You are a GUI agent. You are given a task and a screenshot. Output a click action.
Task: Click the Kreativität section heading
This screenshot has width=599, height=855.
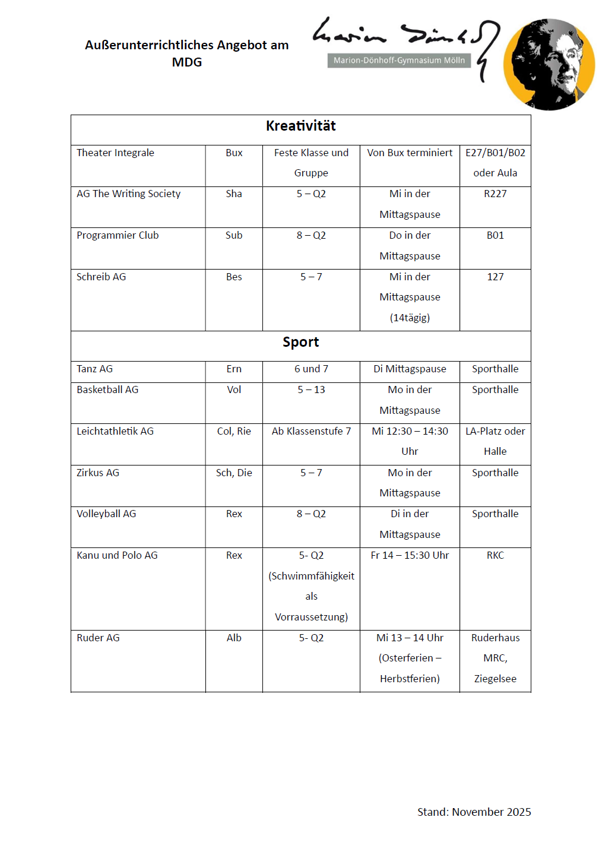coord(300,126)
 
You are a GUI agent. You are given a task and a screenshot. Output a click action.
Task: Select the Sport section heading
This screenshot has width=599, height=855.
coord(300,342)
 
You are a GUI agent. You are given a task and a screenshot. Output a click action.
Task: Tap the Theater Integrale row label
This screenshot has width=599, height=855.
coord(115,153)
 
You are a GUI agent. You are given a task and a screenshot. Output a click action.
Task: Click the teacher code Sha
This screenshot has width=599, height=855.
coord(234,194)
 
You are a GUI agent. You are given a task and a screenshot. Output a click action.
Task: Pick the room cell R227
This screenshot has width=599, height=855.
coord(495,194)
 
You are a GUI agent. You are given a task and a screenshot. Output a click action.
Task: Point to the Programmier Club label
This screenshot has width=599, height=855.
coord(118,235)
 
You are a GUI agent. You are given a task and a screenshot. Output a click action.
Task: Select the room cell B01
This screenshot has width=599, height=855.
coord(495,235)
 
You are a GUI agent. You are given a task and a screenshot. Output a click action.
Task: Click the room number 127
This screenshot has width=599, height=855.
coord(495,277)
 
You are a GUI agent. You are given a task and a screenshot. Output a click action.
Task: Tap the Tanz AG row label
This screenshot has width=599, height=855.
coord(94,369)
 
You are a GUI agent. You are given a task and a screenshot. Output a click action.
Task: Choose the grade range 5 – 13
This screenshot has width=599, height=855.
coord(311,389)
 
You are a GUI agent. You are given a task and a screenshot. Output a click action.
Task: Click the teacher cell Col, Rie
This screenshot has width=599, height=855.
coord(234,431)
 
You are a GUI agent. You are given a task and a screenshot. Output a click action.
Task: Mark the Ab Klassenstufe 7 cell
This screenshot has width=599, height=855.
coord(311,431)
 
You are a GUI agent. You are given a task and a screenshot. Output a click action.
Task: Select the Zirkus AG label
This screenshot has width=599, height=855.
coord(98,473)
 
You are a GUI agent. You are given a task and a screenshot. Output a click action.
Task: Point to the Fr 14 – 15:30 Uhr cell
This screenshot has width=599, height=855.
coord(410,555)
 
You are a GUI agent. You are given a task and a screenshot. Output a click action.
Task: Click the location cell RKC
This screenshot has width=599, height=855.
coord(495,555)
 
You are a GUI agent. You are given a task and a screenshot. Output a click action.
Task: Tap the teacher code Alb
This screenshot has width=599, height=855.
coord(234,638)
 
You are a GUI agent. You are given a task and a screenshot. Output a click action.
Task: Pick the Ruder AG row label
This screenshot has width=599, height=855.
coord(98,638)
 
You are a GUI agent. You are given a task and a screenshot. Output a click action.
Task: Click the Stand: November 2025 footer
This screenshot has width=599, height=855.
coord(474,812)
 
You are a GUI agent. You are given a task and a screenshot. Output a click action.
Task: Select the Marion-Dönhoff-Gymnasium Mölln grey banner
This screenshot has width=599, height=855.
coord(399,60)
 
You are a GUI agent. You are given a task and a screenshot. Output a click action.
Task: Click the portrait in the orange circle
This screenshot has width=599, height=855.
coord(549,64)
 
